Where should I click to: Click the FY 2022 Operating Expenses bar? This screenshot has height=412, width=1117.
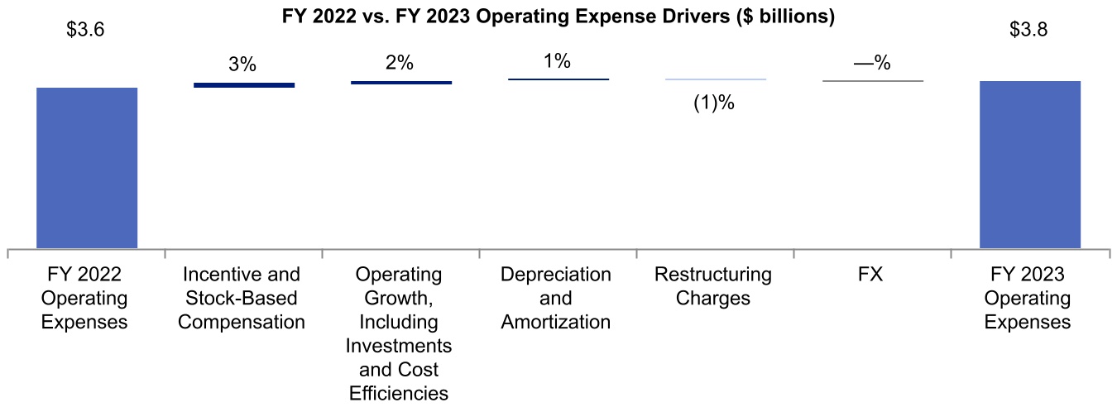coord(87,167)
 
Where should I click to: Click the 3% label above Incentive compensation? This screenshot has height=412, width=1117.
coord(243,65)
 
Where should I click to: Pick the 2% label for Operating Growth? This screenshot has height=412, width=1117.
coord(400,63)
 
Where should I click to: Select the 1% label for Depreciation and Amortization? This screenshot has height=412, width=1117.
coord(558,61)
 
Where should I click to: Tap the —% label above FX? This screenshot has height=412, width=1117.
coord(872,63)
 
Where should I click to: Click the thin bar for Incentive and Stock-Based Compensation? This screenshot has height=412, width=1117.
coord(244,84)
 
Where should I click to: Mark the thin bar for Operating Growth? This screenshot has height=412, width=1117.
coord(401,83)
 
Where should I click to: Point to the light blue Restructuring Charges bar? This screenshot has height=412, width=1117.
coord(716,79)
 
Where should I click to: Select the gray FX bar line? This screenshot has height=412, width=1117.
coord(873,81)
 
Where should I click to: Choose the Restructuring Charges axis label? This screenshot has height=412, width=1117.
coord(713,285)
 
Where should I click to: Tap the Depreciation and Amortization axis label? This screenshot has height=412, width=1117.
coord(556,298)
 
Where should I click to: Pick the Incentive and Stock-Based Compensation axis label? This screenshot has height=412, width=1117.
coord(242,298)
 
